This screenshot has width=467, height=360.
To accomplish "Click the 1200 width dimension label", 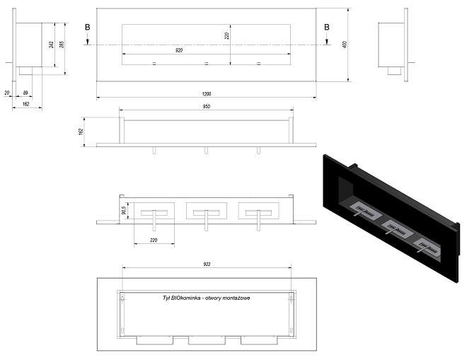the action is pos(207,94).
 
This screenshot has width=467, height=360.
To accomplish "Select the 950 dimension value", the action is pos(207,106).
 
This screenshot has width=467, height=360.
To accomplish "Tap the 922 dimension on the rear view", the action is pos(207,264).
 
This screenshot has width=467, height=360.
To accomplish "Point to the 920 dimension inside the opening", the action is pos(179,50).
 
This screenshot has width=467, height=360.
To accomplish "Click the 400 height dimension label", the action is pos(345,45).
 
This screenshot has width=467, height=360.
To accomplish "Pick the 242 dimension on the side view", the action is pos(51,45).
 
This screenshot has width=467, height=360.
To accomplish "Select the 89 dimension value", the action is pos(25,93).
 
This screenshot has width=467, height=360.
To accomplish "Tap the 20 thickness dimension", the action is pos(6,93).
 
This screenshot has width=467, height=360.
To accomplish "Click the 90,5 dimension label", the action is pos(124,211).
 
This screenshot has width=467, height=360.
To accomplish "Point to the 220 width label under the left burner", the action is pos(154,240).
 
